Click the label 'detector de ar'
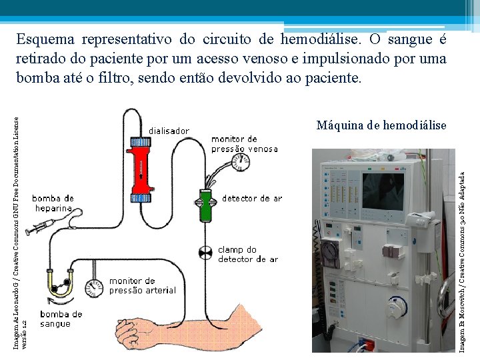[x=252, y=198]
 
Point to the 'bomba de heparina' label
[x=53, y=203]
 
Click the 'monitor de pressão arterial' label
[x=142, y=285]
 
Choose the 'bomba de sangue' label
[x=61, y=319]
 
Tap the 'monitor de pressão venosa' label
[x=244, y=144]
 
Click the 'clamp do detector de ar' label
[x=247, y=254]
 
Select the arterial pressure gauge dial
[x=96, y=287]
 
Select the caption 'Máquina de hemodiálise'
[x=381, y=125]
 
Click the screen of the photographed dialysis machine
[x=383, y=189]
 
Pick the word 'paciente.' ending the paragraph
[x=333, y=78]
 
